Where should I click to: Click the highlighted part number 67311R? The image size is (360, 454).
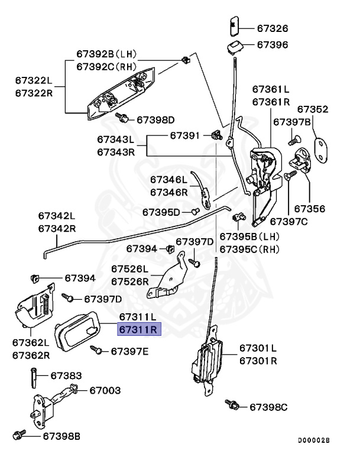coord(138,329)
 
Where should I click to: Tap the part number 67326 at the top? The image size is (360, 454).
coord(272,28)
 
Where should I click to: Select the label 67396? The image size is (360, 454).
coord(272,45)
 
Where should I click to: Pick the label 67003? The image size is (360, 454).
coord(105,390)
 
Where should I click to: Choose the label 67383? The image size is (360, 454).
coord(66,375)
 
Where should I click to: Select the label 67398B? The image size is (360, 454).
coord(61,436)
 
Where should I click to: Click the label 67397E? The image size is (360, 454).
coord(129,352)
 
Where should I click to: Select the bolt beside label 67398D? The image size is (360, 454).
coord(123,118)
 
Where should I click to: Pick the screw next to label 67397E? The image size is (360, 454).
coord(95,350)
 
